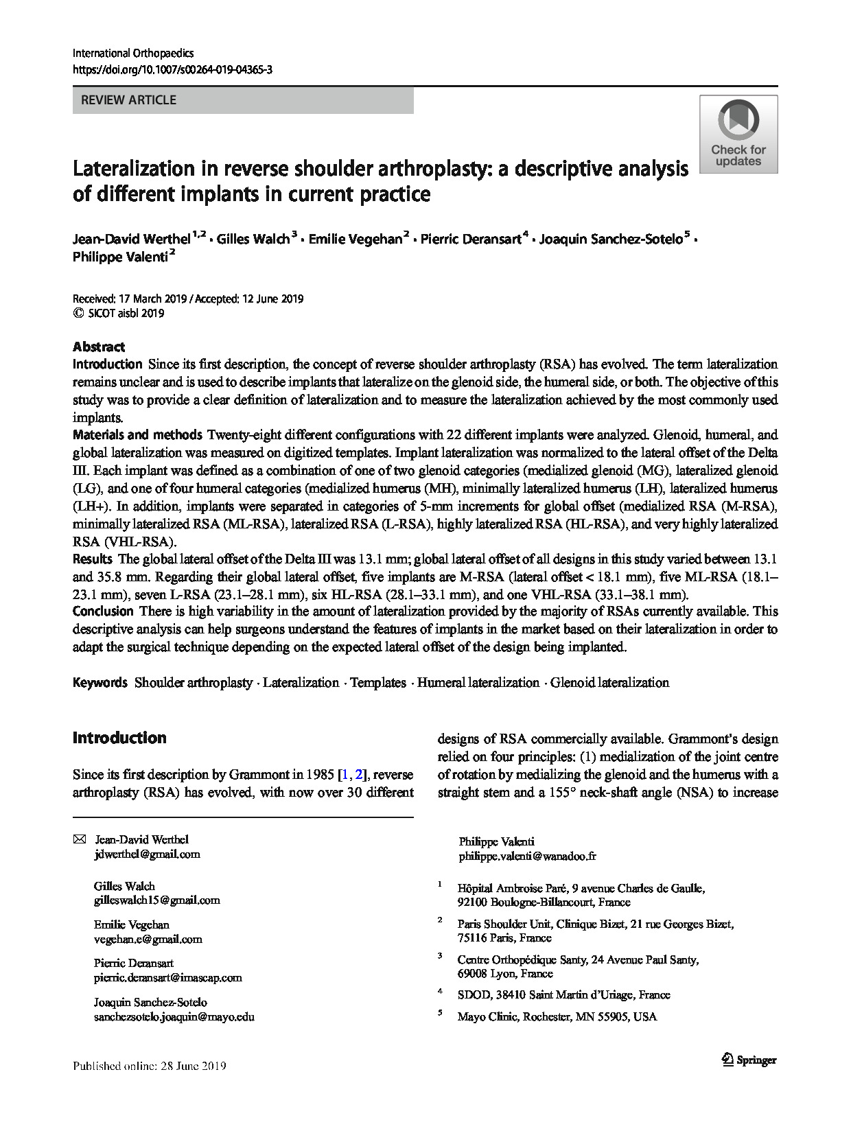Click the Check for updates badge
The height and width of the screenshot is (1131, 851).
pos(738,135)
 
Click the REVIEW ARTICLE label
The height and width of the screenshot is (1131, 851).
pos(128,100)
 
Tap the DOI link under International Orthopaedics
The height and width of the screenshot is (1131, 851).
pos(172,70)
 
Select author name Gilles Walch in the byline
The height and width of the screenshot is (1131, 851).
pos(253,239)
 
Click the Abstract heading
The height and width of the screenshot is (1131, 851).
pos(99,347)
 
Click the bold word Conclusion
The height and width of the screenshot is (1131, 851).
pos(103,611)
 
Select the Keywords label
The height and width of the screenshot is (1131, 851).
pos(100,682)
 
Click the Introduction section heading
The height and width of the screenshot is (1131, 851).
pos(119,738)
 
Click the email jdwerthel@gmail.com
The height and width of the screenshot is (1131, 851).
pos(147,854)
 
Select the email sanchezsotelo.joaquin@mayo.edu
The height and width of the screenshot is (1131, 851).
pos(174,1017)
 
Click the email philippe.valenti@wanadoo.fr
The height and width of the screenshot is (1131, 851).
pos(527,856)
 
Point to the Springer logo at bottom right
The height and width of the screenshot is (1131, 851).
pos(749,1060)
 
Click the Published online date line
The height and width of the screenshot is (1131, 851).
pos(149,1066)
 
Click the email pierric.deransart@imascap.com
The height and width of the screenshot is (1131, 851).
pos(167,978)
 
